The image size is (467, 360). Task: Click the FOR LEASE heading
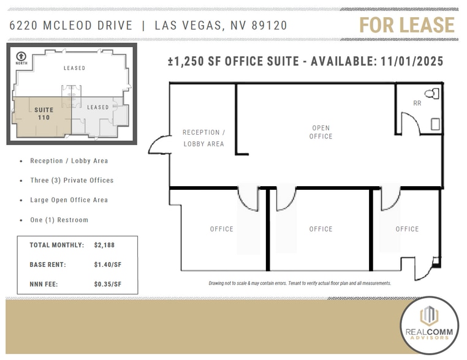click(x=406, y=25)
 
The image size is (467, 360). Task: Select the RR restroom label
click(x=417, y=103)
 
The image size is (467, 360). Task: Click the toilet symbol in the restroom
click(x=435, y=94)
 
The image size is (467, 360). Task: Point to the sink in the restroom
click(x=435, y=124)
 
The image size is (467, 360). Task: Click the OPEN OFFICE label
click(x=321, y=132)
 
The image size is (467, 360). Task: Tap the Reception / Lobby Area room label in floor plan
click(x=203, y=138)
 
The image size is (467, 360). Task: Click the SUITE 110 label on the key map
click(x=44, y=113)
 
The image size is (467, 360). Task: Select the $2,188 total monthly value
click(x=104, y=245)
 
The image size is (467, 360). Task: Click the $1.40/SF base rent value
click(x=107, y=264)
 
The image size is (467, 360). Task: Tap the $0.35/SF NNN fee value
click(x=107, y=284)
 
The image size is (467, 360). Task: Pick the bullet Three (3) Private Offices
click(x=72, y=181)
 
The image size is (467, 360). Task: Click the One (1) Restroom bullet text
click(x=59, y=220)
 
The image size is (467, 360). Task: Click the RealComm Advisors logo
click(x=428, y=325)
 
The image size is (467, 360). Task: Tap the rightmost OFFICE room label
click(x=407, y=229)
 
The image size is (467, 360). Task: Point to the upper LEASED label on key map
click(x=75, y=68)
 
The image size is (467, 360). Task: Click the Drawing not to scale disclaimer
click(x=300, y=283)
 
